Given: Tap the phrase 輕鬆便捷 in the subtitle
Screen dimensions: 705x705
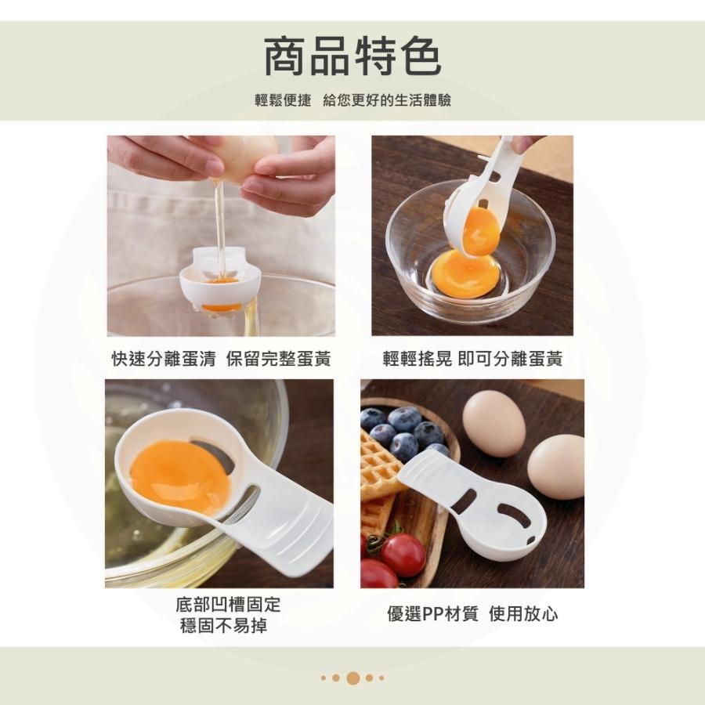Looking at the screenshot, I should [x=283, y=101].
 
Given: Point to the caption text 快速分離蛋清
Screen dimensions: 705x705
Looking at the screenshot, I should [x=163, y=359].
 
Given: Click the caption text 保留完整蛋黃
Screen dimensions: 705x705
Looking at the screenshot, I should [x=278, y=359].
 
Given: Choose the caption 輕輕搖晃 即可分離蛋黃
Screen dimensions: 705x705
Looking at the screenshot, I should [x=472, y=359].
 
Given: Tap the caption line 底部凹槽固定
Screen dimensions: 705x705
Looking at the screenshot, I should [x=228, y=605].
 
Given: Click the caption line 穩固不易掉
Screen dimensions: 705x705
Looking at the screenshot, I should [x=228, y=626].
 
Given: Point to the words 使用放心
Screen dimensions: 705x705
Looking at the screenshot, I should [x=523, y=614].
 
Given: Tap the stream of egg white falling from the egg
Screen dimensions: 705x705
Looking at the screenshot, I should [x=221, y=227].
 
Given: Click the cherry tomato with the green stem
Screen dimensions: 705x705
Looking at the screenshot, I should [x=402, y=554].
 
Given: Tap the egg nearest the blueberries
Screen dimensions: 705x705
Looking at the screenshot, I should [x=493, y=424].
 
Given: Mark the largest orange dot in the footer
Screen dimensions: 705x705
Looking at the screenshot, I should [x=352, y=678].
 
